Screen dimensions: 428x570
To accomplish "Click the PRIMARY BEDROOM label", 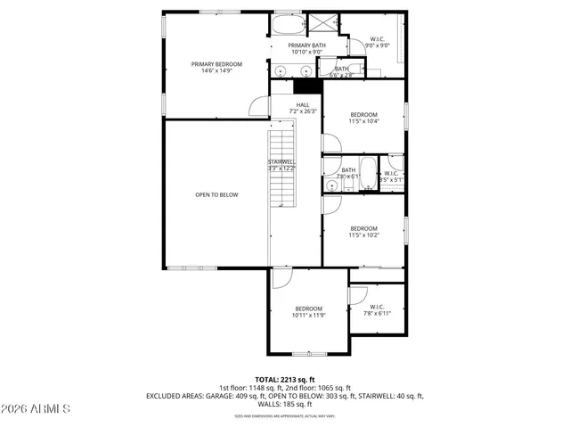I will coord(216,64).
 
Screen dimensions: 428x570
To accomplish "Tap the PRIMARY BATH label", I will coord(305,45).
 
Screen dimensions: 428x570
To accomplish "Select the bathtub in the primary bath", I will coord(288,23).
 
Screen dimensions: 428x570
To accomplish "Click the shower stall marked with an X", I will coord(318,23).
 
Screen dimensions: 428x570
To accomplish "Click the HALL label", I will coord(304,105).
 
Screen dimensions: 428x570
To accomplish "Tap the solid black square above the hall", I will coord(306,86).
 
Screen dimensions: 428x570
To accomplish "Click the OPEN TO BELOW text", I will coord(216,194).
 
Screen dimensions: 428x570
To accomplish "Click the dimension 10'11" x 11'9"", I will coord(309,315).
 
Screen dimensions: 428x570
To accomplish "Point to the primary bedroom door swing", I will coord(259,106).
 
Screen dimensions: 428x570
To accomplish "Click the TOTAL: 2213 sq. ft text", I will coord(285,380).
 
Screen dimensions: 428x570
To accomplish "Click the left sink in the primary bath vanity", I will coord(281,71).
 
